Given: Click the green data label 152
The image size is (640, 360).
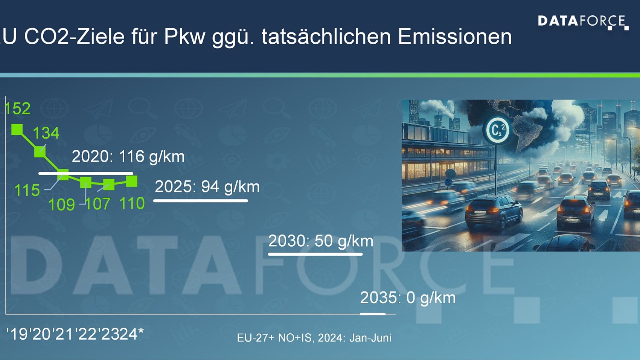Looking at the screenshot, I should (x=17, y=108).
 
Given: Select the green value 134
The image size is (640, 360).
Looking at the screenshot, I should (x=46, y=133).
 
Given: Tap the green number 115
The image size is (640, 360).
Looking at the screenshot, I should (x=27, y=190).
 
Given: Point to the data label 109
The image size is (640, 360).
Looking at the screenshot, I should (x=61, y=205).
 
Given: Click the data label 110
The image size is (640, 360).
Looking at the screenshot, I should (x=132, y=203).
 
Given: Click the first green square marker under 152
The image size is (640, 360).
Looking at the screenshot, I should (x=17, y=130).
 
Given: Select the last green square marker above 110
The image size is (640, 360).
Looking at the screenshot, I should (x=132, y=181).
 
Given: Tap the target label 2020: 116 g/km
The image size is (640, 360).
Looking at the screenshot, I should (x=128, y=156).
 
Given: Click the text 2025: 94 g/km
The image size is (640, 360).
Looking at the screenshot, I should (x=207, y=186).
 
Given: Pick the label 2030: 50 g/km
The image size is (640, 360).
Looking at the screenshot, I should (x=320, y=241).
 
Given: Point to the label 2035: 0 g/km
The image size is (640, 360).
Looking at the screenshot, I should (x=408, y=298).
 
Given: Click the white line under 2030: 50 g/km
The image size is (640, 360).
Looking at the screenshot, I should (x=315, y=255).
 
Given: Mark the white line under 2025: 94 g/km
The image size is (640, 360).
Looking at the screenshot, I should (x=201, y=201).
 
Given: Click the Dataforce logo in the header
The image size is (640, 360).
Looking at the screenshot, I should (x=583, y=22).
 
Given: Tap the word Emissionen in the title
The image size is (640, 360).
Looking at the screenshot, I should (x=454, y=37).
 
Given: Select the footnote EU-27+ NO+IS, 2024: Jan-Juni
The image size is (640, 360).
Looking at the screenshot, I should (x=314, y=338).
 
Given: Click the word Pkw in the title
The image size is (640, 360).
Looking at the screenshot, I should (x=184, y=37).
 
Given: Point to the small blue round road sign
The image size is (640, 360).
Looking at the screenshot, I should (x=450, y=174).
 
